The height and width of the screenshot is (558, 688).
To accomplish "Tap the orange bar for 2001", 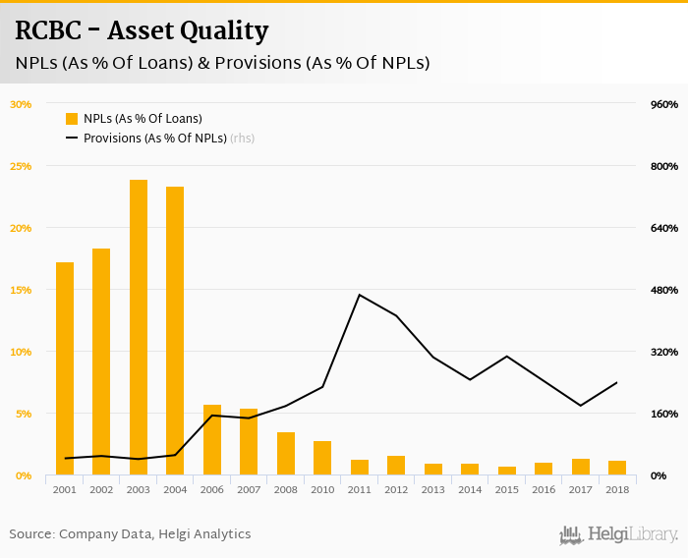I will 65,368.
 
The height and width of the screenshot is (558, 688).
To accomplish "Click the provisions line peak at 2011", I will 360,295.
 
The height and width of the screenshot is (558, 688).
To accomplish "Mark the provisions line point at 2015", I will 507,356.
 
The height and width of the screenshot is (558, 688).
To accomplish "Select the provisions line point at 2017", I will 581,406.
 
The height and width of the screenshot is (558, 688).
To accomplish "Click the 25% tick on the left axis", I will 21,166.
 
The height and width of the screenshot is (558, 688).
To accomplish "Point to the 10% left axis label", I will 21,352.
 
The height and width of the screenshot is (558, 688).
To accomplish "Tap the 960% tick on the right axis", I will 665,104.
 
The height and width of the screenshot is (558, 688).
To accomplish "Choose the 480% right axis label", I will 665,290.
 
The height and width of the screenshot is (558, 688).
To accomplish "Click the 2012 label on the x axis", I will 396,489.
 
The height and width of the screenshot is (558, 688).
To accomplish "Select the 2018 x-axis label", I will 617,489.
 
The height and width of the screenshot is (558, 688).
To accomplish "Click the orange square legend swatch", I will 72,119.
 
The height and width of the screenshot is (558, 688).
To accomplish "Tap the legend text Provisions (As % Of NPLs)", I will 154,139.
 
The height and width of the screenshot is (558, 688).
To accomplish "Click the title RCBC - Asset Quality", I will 142,30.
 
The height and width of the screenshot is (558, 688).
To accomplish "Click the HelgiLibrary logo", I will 618,534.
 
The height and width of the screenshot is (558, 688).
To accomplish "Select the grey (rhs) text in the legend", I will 242,139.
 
